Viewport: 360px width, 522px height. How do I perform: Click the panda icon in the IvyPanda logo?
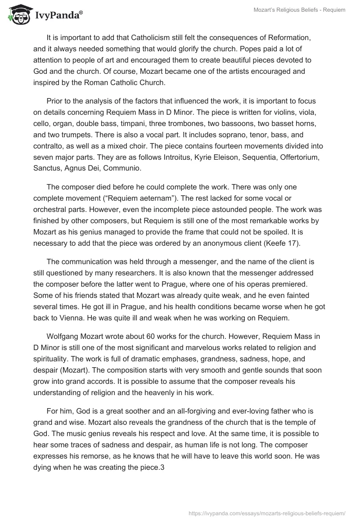click(x=18, y=15)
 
